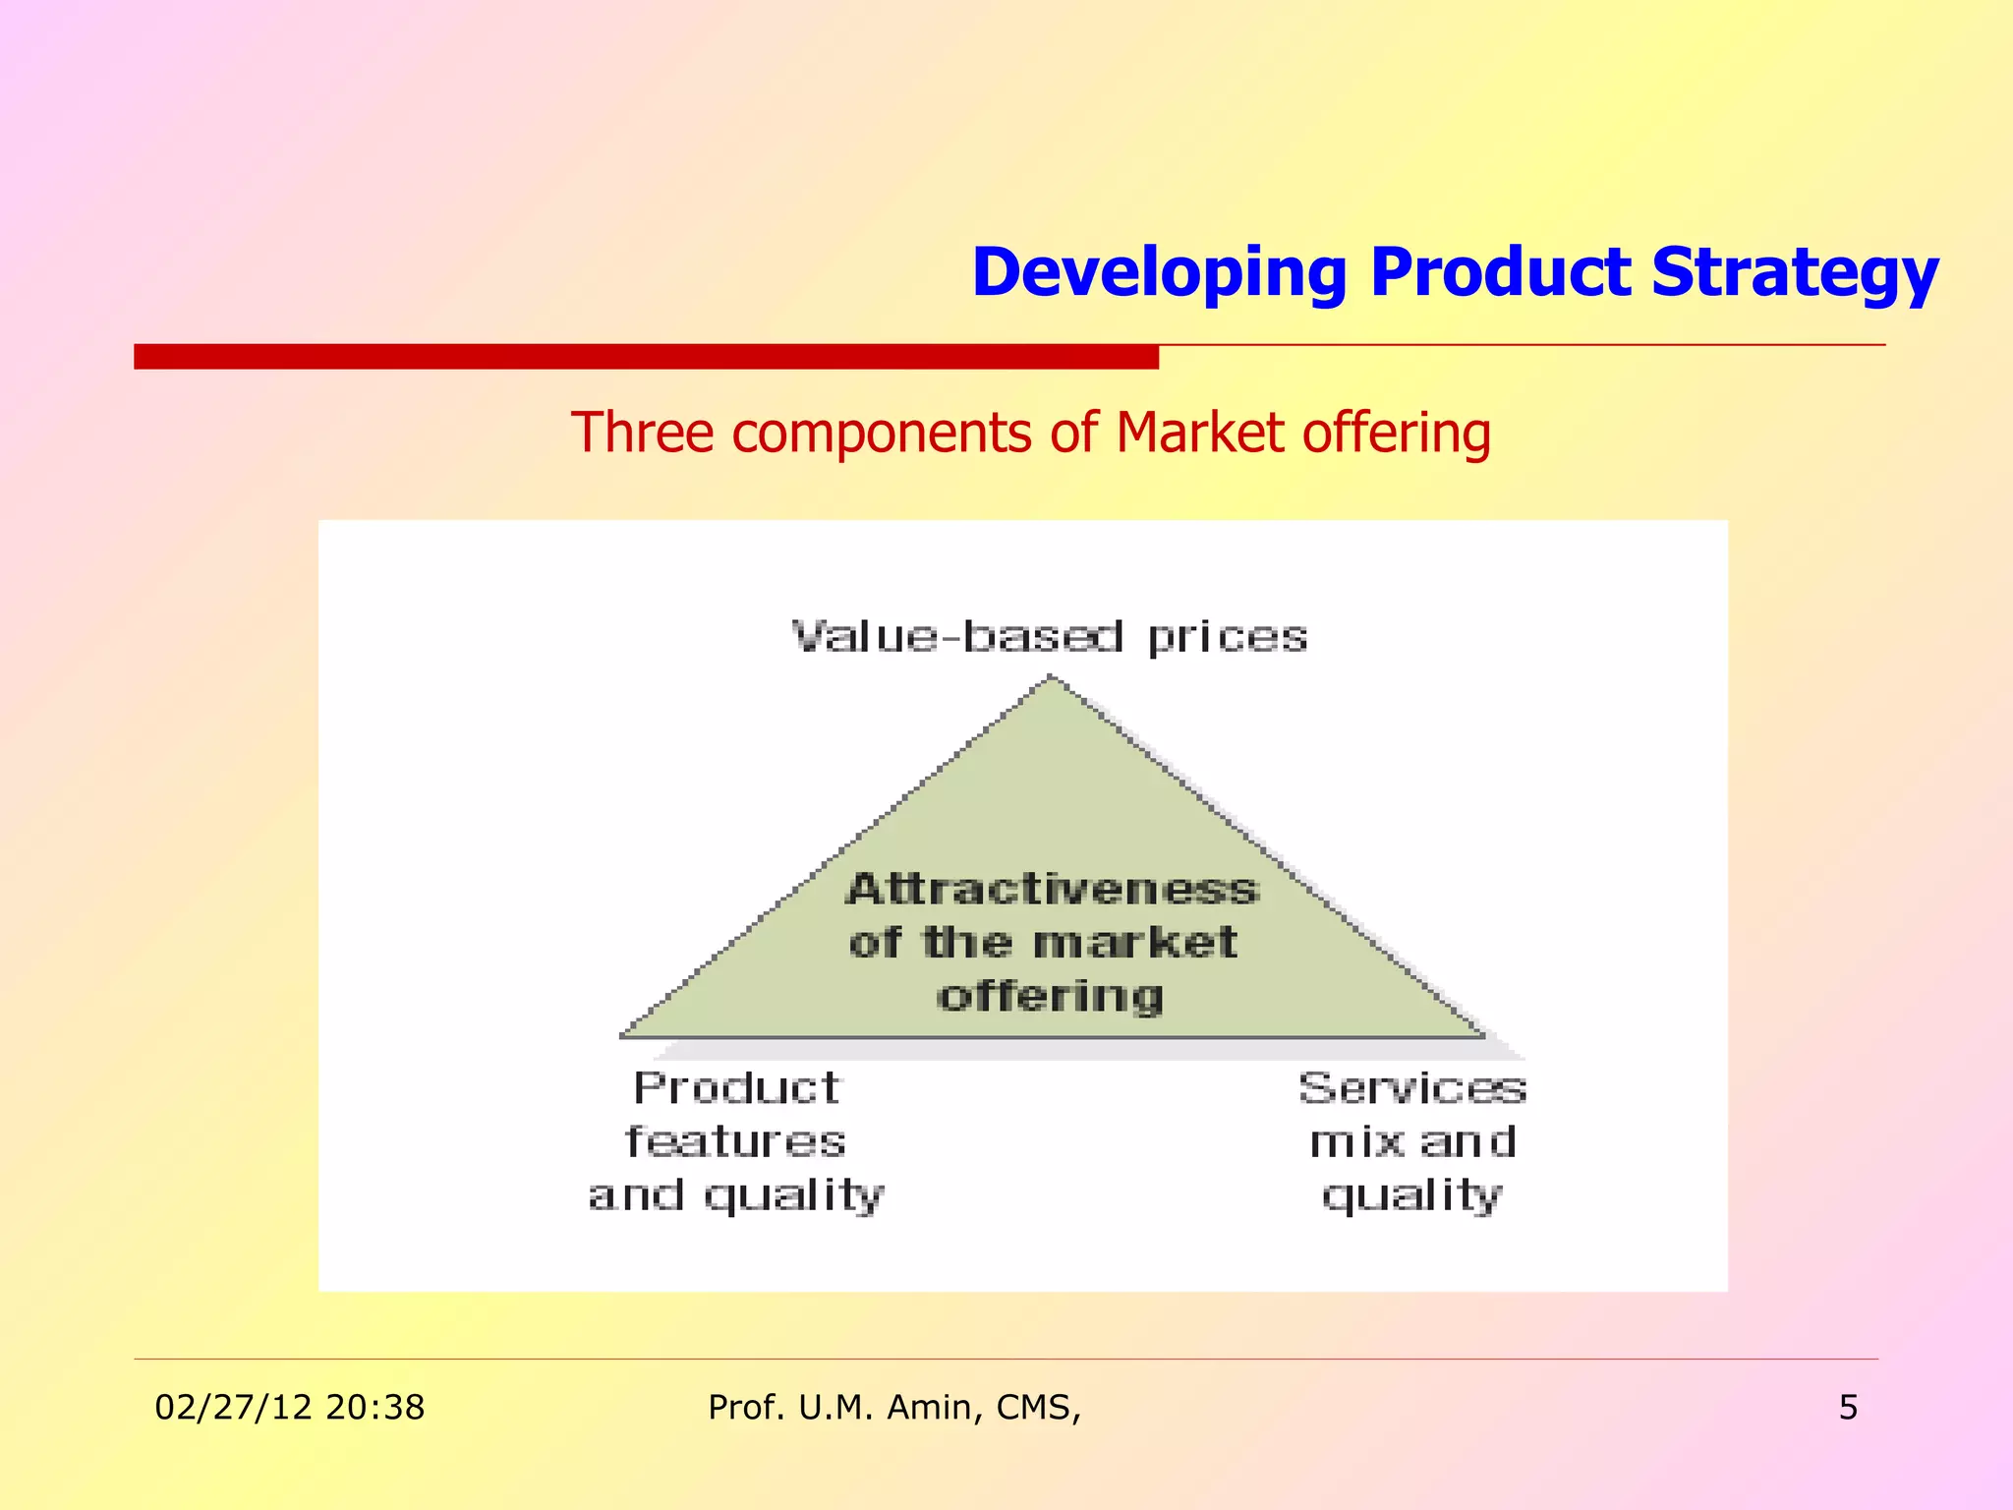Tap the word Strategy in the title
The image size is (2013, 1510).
point(1795,272)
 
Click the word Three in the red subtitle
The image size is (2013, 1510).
point(642,433)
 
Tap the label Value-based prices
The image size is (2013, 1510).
point(1049,637)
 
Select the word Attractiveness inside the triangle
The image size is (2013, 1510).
point(1051,889)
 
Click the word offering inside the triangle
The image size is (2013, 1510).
point(1049,997)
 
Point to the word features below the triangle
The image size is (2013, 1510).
point(735,1141)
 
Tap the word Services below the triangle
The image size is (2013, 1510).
point(1412,1088)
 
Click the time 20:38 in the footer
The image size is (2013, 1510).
point(374,1408)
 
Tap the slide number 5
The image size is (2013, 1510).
point(1848,1408)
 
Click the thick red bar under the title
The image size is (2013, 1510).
point(646,357)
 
